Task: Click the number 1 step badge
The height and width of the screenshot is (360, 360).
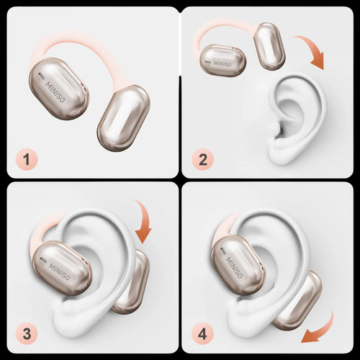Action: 27,159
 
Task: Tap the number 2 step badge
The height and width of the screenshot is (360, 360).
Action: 202,159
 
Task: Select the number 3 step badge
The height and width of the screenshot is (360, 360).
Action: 27,334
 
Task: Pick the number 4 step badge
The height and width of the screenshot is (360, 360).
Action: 202,334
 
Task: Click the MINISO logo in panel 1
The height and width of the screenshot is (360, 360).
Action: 55,92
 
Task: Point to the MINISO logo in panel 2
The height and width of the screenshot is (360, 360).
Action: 222,64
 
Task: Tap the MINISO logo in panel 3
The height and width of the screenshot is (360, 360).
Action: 60,271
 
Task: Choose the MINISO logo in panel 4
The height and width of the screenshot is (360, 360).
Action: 234,268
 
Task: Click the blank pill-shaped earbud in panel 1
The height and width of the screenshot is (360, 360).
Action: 124,118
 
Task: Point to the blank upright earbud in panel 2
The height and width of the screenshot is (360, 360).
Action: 269,46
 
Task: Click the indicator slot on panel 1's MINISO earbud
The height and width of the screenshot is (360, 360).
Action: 42,76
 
